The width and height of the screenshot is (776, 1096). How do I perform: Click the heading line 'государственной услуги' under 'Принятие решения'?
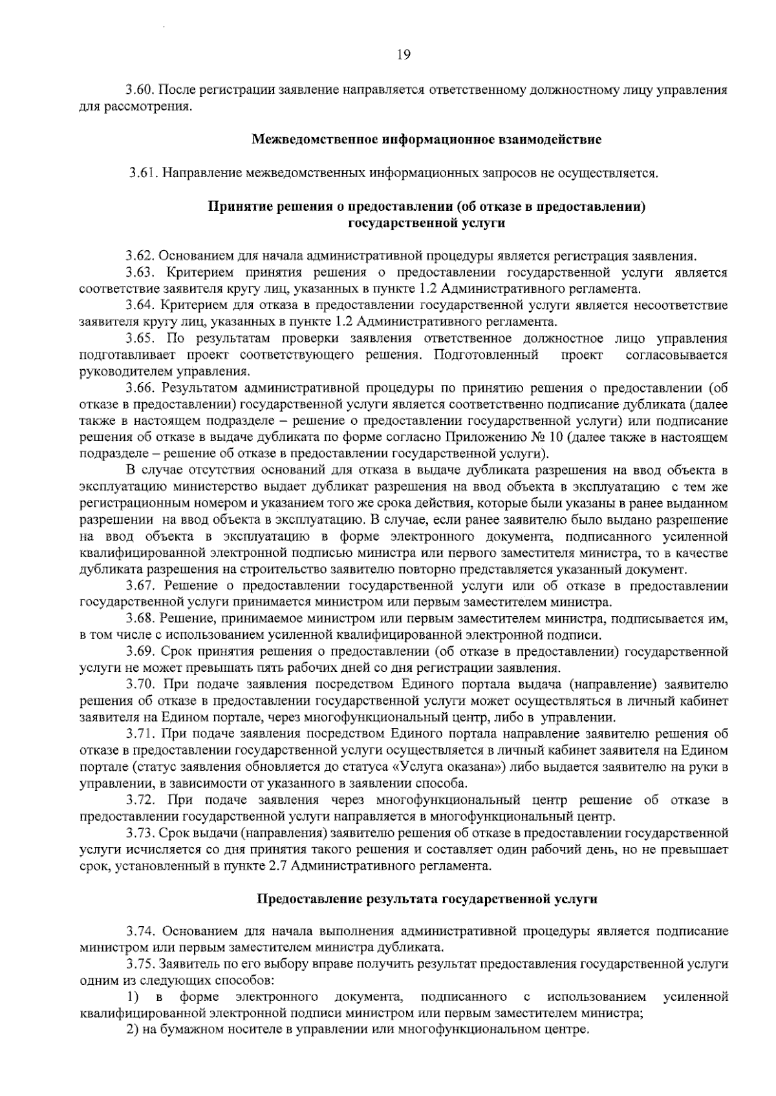click(426, 224)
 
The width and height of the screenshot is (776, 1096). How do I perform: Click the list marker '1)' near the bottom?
click(133, 998)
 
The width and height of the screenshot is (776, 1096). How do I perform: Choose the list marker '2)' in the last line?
click(133, 1029)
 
